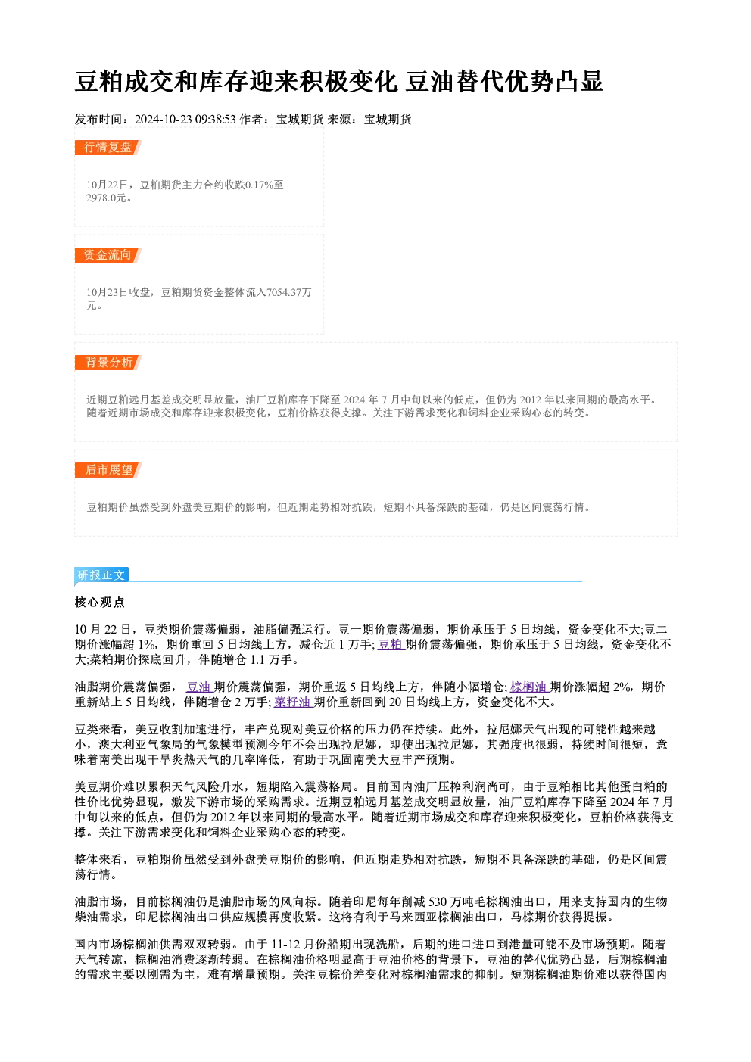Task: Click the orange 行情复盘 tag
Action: (x=108, y=148)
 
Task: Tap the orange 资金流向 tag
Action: (x=108, y=255)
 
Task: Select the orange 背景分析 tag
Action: (x=108, y=363)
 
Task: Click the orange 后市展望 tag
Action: (x=108, y=470)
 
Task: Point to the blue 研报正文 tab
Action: (x=101, y=575)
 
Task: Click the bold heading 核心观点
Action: (x=100, y=603)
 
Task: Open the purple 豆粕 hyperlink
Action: (x=391, y=645)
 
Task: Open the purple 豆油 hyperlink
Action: (x=199, y=687)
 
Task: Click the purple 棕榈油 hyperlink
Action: (x=529, y=687)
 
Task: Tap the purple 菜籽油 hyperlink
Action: (x=293, y=702)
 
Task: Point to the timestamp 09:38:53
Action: (x=215, y=120)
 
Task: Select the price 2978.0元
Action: (x=107, y=198)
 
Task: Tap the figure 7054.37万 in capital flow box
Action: (x=289, y=293)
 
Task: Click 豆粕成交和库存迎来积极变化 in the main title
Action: (x=236, y=82)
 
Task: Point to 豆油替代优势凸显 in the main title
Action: (x=504, y=82)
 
